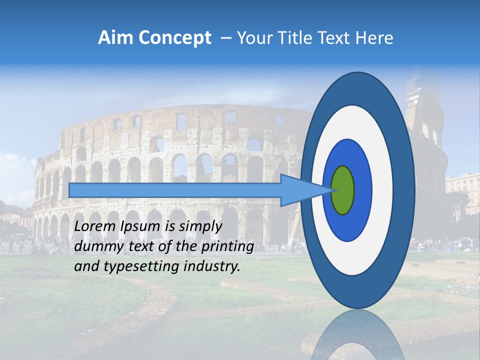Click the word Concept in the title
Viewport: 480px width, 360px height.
(x=172, y=38)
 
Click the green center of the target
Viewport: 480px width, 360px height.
(x=342, y=190)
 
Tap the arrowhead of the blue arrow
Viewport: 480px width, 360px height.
(x=305, y=190)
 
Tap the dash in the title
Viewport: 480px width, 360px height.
(x=225, y=38)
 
